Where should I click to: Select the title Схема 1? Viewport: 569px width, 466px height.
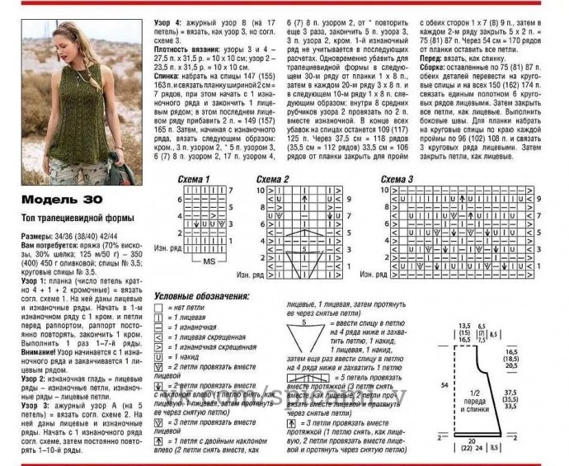[x=197, y=179]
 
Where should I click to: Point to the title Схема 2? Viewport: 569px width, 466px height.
[x=273, y=179]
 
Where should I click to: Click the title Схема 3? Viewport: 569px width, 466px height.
[x=398, y=179]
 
